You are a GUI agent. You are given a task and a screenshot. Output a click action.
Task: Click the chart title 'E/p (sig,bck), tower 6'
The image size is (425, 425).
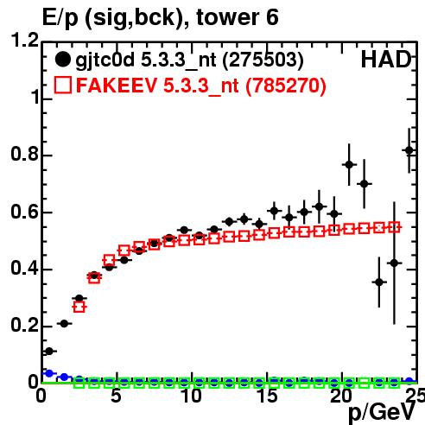(x=160, y=18)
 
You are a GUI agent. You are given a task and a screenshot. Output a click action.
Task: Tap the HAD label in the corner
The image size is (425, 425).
(x=386, y=60)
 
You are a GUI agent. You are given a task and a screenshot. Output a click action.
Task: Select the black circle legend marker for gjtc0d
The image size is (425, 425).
(x=62, y=60)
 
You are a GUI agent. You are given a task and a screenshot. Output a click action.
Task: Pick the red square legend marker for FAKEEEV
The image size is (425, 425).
(x=63, y=85)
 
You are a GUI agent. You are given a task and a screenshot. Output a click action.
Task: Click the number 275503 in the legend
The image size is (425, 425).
(x=263, y=60)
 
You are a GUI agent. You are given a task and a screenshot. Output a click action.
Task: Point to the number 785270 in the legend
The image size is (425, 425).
(x=286, y=86)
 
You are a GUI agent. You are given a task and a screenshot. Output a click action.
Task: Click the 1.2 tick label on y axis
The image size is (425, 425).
(x=24, y=40)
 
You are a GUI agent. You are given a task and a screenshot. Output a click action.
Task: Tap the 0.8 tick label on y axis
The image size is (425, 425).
(x=24, y=154)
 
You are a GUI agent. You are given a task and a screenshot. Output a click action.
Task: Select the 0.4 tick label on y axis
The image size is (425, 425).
(x=24, y=268)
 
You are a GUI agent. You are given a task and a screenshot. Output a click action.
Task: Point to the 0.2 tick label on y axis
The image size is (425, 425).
(x=24, y=325)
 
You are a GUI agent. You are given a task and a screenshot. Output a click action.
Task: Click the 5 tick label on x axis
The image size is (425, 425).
(x=116, y=396)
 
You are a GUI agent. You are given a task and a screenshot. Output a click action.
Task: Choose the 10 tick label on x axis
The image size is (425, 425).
(x=191, y=396)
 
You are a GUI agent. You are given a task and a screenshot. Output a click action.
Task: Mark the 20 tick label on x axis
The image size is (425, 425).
(x=341, y=396)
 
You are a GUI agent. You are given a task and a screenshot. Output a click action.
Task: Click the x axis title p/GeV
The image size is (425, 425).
(x=382, y=413)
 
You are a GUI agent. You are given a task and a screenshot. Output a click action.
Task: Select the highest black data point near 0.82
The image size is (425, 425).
(x=409, y=150)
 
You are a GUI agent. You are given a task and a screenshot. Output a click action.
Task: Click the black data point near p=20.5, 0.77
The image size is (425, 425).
(x=349, y=165)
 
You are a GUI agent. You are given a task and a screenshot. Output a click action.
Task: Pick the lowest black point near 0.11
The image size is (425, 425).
(x=49, y=352)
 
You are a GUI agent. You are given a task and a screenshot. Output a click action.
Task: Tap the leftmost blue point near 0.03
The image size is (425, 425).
(x=49, y=373)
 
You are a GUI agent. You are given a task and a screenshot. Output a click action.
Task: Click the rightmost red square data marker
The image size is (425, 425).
(x=394, y=227)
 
